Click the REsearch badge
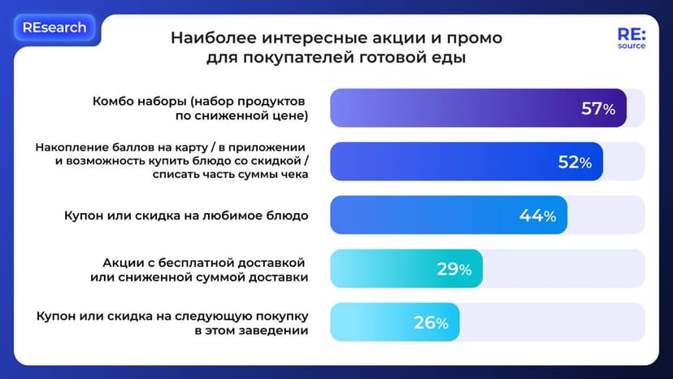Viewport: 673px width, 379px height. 54,28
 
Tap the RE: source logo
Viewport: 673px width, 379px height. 631,40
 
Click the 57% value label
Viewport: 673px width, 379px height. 597,109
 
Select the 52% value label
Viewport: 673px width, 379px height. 574,163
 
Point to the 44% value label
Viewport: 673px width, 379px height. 537,216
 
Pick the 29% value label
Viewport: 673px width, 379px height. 454,269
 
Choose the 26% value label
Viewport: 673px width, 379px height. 431,323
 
